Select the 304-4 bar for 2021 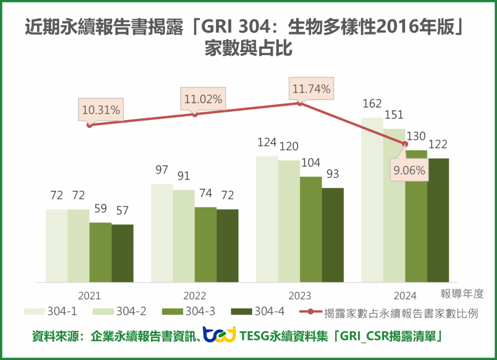click(x=122, y=253)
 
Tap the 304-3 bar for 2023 click(x=311, y=229)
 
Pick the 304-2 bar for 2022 click(x=183, y=236)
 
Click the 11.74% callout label click(x=311, y=89)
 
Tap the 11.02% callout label click(x=203, y=100)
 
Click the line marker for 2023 click(x=299, y=103)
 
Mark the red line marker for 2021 click(x=89, y=125)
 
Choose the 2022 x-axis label click(x=195, y=295)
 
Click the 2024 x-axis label click(x=405, y=295)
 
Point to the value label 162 click(x=372, y=103)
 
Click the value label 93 click(x=332, y=174)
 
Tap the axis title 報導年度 click(x=463, y=293)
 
